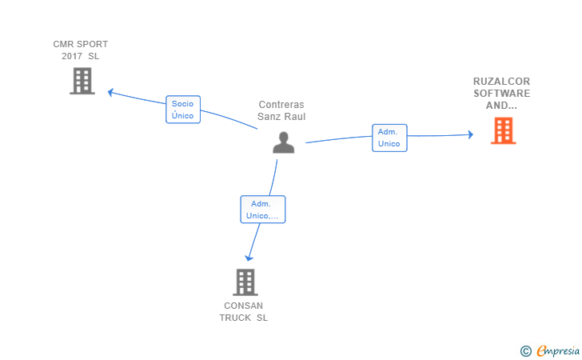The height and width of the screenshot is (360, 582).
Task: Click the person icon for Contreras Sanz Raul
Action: pos(284,142)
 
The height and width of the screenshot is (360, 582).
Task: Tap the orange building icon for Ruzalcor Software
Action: pos(504,130)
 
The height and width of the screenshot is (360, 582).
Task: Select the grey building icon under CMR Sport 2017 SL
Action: pos(82,81)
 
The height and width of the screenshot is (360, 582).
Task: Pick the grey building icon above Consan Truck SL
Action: pos(245,282)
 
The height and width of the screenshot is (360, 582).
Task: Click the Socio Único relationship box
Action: pos(183,110)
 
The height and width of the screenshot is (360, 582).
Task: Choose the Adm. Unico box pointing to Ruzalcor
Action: pos(389,138)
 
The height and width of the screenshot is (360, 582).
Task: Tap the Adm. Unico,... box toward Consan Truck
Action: pos(263,210)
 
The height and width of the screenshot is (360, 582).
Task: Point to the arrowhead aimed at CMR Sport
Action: pos(110,92)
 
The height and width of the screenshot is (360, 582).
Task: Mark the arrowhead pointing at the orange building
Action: pos(471,134)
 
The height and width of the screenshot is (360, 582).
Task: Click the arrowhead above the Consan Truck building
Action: pos(249,258)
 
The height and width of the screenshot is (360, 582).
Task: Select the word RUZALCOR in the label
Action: pos(501,82)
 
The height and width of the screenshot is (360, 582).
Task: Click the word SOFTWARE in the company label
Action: pos(501,94)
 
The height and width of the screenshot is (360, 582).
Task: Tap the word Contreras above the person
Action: pos(281,105)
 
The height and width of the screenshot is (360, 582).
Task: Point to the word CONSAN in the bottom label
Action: pos(244,306)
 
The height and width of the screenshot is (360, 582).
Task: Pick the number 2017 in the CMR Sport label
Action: pos(72,56)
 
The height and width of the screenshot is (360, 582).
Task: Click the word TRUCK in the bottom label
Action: pos(235,318)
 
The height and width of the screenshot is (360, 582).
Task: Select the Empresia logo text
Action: pos(558,350)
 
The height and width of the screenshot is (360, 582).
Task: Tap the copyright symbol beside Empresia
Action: pos(525,351)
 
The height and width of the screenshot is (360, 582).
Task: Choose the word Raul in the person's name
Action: pos(296,117)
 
